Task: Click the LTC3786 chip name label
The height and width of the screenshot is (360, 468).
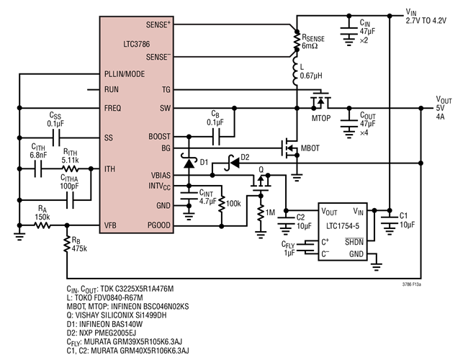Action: [x=138, y=44]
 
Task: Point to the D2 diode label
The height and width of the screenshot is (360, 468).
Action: [x=244, y=157]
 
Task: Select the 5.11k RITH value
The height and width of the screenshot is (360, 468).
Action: [x=70, y=161]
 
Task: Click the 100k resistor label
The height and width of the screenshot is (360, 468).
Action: [x=234, y=204]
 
